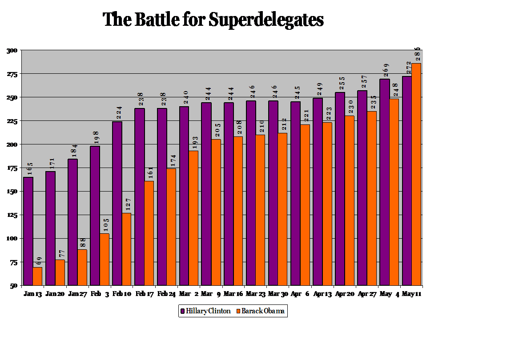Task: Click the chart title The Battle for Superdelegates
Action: point(213,20)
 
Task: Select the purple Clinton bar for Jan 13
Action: point(28,231)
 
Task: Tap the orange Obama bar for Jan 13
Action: point(37,276)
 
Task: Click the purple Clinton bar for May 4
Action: point(384,182)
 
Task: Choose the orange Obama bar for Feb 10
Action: point(127,249)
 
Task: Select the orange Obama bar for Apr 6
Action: point(305,205)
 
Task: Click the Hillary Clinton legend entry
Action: point(205,311)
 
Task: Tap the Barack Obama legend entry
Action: point(260,311)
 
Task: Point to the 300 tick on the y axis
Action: point(12,51)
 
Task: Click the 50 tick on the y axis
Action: point(14,286)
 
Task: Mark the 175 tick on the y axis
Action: point(12,168)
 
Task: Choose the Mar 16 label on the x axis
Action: point(233,294)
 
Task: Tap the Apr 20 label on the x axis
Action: point(345,294)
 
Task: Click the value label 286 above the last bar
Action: point(418,54)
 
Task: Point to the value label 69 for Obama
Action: point(39,261)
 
